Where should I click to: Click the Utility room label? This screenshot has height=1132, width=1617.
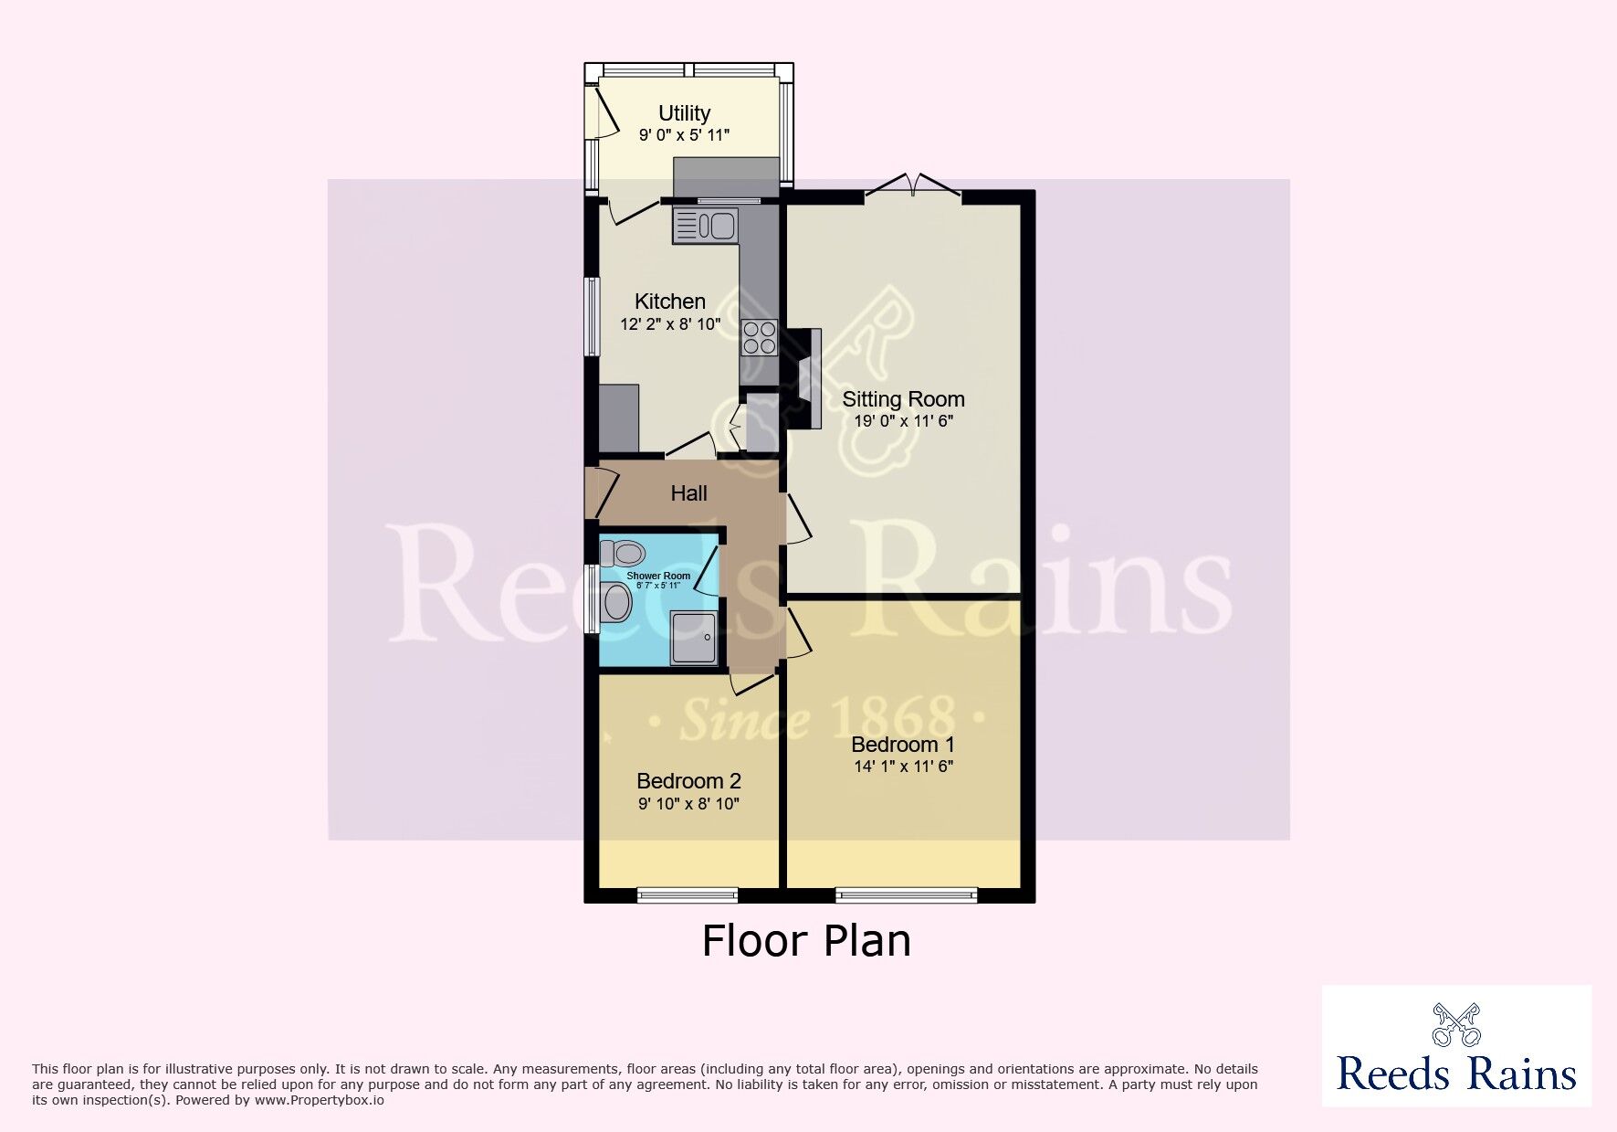click(x=684, y=113)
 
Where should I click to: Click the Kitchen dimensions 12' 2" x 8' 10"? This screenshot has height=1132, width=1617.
click(x=670, y=323)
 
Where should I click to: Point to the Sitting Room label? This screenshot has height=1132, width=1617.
click(x=903, y=399)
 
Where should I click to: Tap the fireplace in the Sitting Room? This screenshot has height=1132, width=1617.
click(x=804, y=378)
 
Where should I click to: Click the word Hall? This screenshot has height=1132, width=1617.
click(x=688, y=493)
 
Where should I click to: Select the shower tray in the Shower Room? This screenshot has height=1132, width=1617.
click(x=695, y=638)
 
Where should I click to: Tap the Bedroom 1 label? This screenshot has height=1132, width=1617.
click(x=903, y=745)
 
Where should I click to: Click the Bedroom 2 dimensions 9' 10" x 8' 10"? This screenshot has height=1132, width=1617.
click(x=688, y=804)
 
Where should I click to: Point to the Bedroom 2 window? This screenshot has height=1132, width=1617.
click(x=688, y=894)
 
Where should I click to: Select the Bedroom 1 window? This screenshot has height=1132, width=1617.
click(x=907, y=894)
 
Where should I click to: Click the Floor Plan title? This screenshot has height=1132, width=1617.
click(x=806, y=941)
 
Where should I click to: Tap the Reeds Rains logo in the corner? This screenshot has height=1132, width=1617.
click(x=1457, y=1046)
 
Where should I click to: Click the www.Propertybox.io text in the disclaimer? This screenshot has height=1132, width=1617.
click(x=319, y=1100)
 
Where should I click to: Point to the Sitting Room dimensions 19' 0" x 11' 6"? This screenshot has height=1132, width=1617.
click(x=903, y=421)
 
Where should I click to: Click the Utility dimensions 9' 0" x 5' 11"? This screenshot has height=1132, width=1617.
click(x=684, y=135)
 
